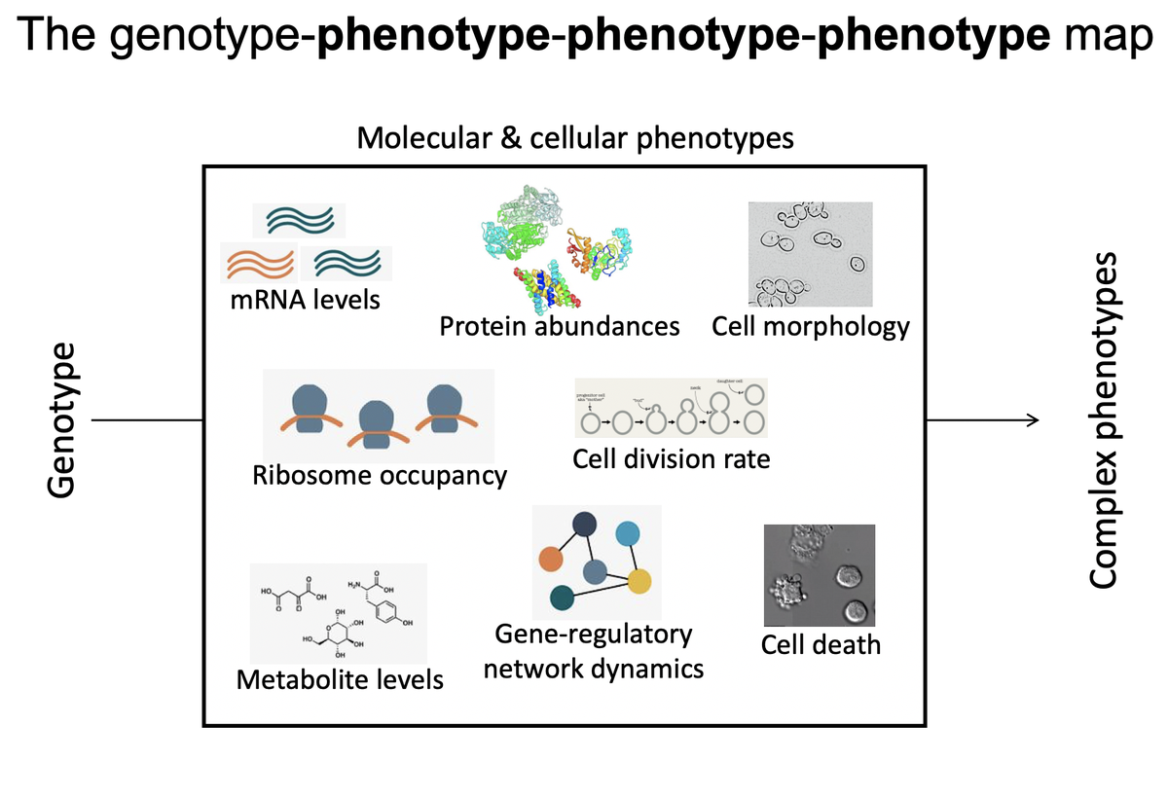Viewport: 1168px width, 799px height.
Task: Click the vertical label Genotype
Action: pyautogui.click(x=63, y=420)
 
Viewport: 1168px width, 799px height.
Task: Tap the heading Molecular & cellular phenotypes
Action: pyautogui.click(x=574, y=138)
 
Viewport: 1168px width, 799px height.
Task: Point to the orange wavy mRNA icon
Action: pyautogui.click(x=259, y=262)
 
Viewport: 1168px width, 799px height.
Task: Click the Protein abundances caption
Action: pyautogui.click(x=560, y=326)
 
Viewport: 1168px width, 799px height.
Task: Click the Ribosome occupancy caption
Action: pyautogui.click(x=380, y=476)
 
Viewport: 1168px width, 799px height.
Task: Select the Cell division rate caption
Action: pyautogui.click(x=671, y=457)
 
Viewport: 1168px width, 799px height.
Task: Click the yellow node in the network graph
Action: pyautogui.click(x=639, y=582)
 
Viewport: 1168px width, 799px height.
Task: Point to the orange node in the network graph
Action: pyautogui.click(x=551, y=559)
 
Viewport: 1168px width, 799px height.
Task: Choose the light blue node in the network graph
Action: pyautogui.click(x=628, y=533)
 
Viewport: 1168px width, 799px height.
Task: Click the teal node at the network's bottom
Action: pyautogui.click(x=562, y=598)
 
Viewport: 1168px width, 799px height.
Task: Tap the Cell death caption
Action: pyautogui.click(x=820, y=644)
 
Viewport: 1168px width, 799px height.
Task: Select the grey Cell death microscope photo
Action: pyautogui.click(x=819, y=575)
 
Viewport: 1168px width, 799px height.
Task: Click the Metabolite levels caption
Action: pyautogui.click(x=340, y=678)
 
